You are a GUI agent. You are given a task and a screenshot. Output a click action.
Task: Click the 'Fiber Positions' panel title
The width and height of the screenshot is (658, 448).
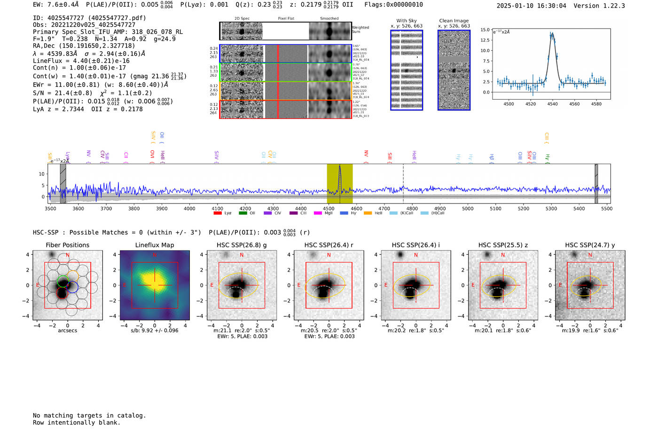tap(67, 245)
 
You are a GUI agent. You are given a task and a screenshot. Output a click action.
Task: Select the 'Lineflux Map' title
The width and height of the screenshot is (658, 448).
tap(155, 245)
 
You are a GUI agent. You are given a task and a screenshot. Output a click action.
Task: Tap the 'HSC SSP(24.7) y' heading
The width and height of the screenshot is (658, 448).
tap(590, 245)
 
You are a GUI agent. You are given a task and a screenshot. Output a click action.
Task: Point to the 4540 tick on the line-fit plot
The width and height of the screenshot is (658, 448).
tap(552, 104)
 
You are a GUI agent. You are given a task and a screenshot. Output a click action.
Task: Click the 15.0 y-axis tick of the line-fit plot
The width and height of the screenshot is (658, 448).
tap(485, 30)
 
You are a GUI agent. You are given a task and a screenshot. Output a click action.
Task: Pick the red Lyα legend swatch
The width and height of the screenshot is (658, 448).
tap(218, 213)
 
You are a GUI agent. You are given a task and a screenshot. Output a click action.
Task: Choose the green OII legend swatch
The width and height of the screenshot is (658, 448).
tap(243, 213)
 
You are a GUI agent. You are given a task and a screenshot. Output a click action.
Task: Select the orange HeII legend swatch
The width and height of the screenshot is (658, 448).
tap(368, 213)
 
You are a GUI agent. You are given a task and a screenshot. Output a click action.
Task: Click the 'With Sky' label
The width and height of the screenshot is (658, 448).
tap(406, 21)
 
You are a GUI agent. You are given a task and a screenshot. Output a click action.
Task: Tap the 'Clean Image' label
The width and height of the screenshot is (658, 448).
tap(454, 21)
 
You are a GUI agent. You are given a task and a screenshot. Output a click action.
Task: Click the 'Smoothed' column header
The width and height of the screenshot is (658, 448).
tap(329, 19)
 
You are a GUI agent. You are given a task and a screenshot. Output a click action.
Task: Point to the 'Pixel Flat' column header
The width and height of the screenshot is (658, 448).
tap(286, 19)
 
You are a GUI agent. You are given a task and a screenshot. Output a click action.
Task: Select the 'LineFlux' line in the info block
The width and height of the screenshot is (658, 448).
tap(81, 61)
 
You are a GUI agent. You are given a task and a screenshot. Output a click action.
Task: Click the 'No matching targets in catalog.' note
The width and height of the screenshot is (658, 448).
tap(89, 415)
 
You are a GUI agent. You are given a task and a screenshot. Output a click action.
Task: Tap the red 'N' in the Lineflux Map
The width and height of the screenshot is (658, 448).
tap(155, 255)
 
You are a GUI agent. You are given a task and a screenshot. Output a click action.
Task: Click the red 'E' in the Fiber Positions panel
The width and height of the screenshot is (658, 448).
tap(38, 285)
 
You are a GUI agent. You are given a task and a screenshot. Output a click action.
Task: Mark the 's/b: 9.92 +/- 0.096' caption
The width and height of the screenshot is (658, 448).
tap(155, 330)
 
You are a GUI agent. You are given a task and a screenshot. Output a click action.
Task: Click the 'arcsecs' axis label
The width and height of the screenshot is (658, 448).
tap(67, 330)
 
